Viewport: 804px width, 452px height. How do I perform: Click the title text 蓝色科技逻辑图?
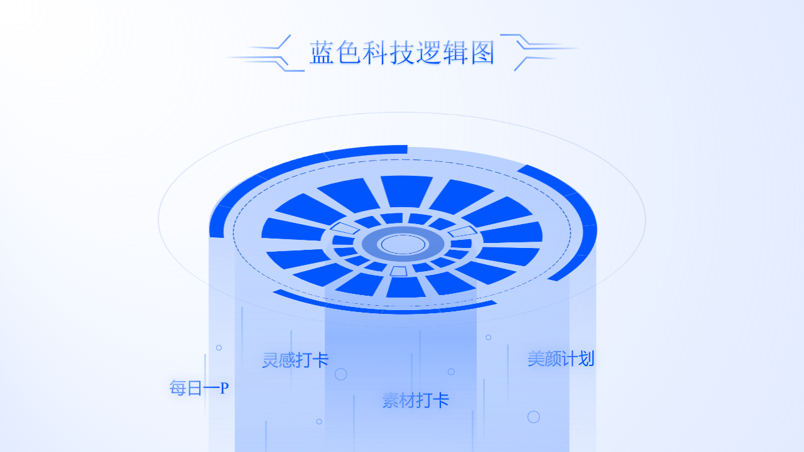coord(402,52)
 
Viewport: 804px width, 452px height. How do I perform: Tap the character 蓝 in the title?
coord(322,52)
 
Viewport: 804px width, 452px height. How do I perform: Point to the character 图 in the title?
coord(482,52)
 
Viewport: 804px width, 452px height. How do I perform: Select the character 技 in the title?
coord(402,52)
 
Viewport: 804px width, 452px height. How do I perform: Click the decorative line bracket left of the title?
coord(266,53)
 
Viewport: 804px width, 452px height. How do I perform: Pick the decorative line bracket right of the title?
coord(539,52)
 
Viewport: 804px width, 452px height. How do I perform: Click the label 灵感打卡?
coord(295,360)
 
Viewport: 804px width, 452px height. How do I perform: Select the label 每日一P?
coord(199,388)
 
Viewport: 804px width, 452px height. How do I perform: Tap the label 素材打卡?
coord(416,401)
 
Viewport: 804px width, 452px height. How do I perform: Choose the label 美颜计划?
coord(561,358)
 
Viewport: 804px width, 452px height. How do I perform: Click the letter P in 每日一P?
coord(224,388)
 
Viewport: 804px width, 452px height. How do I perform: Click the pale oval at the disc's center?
coord(403,244)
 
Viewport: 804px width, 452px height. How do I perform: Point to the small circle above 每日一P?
coord(219,348)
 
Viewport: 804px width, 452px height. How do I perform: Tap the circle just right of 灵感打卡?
coord(340,374)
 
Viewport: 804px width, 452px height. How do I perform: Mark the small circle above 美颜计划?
coord(489,337)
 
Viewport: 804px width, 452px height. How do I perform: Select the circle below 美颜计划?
coord(534,417)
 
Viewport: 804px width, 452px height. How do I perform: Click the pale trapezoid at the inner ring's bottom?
coord(398,271)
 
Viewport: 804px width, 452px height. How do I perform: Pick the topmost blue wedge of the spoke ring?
coord(406,191)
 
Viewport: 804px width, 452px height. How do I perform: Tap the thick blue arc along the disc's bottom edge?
coord(384,305)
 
